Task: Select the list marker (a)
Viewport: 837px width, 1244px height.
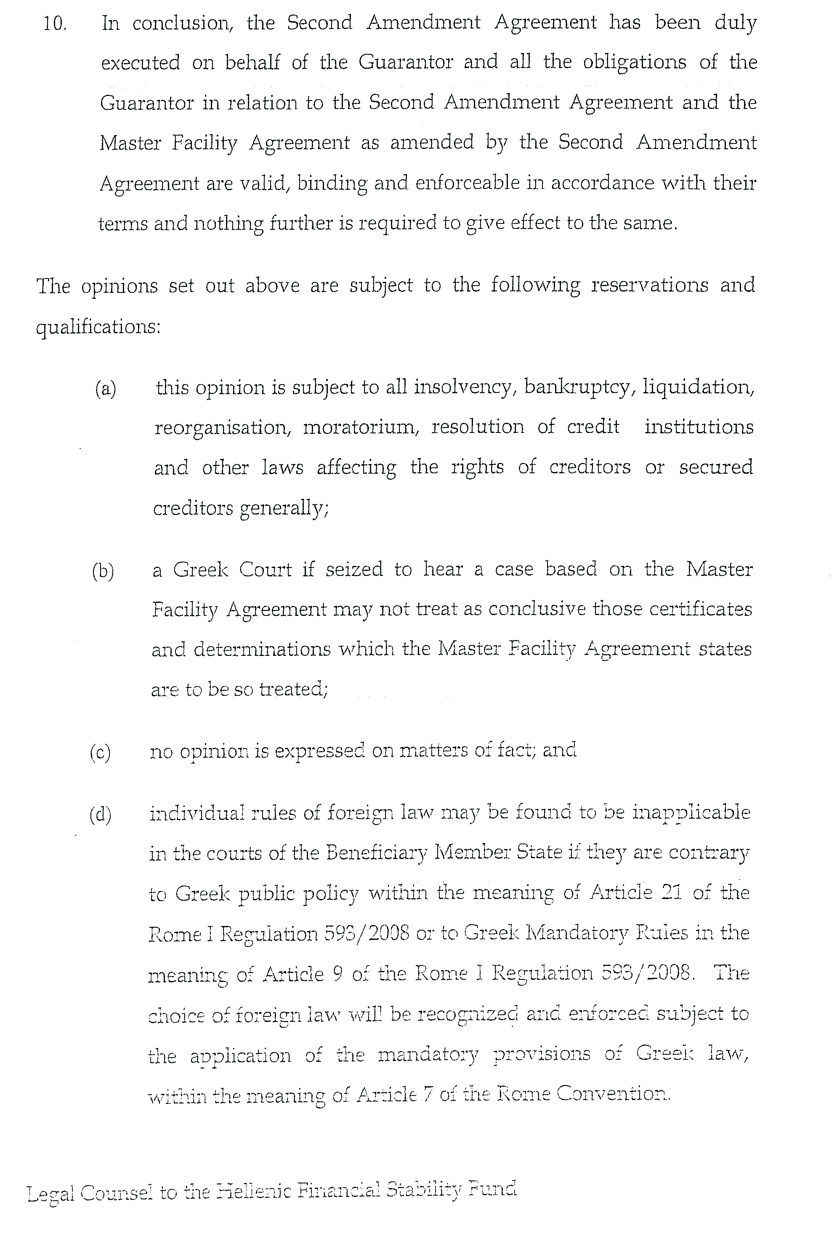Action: (x=105, y=388)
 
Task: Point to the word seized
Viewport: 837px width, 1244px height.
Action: (x=354, y=570)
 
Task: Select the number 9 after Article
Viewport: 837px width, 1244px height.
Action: (x=337, y=974)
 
